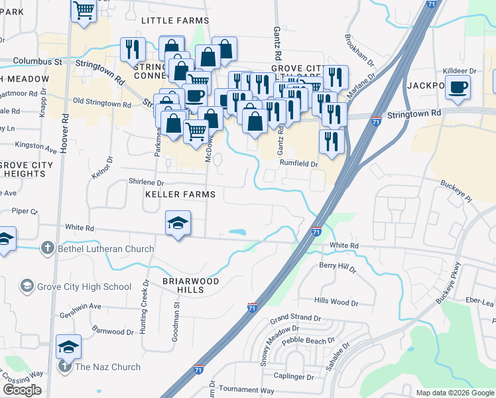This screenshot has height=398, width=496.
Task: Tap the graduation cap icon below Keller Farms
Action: pos(178,223)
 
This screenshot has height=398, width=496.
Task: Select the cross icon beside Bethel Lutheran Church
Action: pos(47,249)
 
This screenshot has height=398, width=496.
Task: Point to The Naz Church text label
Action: pos(107,367)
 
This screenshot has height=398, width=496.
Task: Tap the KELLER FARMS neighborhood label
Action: pos(181,194)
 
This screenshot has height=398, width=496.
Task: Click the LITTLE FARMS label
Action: pos(175,21)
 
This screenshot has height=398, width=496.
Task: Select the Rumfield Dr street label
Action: pos(299,164)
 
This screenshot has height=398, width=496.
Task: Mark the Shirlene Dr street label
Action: pos(145,182)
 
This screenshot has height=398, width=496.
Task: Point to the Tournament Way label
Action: pos(247,391)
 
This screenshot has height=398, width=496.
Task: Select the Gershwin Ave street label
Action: pos(80,306)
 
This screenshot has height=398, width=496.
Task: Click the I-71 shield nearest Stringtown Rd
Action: pos(376,122)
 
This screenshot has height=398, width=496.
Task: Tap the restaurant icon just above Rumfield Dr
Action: pos(330,141)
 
